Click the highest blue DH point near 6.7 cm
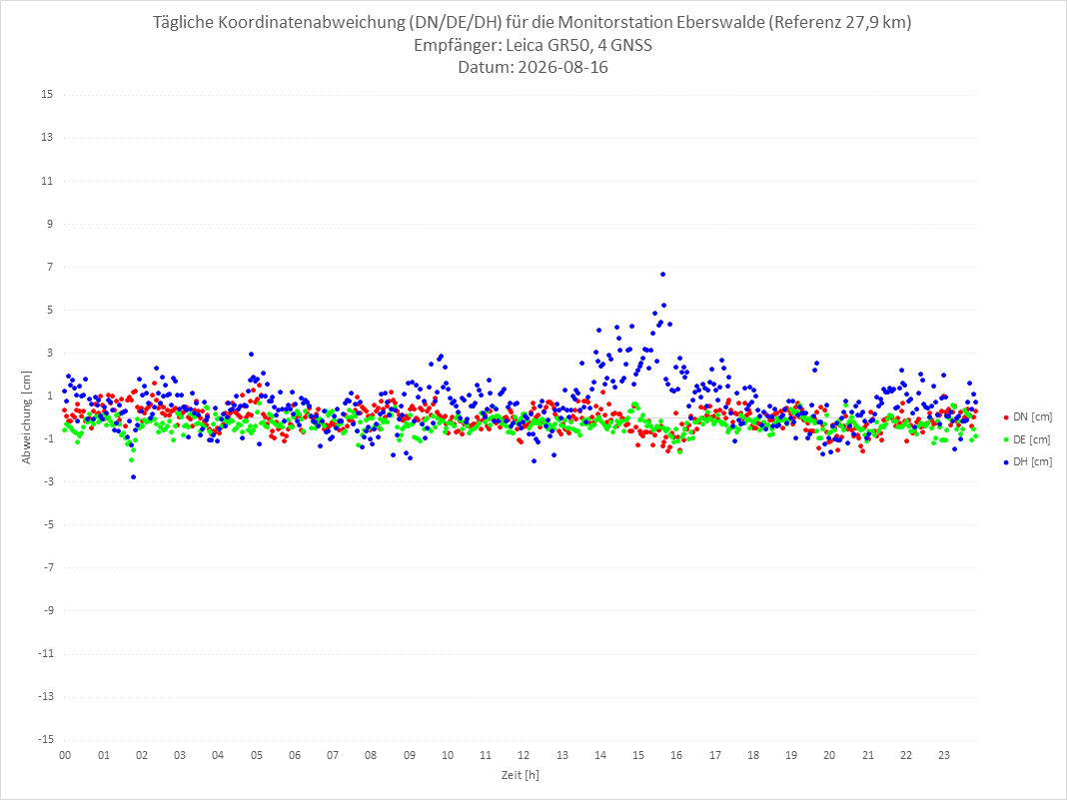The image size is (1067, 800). tap(662, 274)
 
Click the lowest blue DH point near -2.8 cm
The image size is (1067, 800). tap(134, 476)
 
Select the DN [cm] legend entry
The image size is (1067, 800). tap(1027, 417)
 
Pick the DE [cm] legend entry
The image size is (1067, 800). tap(1027, 439)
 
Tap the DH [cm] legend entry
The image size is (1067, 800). tap(1027, 461)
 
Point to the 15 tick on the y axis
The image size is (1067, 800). tap(47, 95)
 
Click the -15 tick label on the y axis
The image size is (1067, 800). tap(45, 739)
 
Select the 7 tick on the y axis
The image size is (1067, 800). tap(50, 267)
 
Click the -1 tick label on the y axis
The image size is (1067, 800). tap(48, 438)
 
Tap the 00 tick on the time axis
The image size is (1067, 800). tap(65, 755)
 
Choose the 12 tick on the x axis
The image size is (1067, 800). tap(524, 755)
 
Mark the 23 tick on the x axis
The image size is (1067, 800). tap(944, 755)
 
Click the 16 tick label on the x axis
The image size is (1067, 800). tap(676, 755)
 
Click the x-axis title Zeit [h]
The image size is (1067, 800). tap(521, 775)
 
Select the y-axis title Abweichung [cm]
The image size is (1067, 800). tap(27, 417)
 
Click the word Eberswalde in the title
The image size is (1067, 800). tap(720, 22)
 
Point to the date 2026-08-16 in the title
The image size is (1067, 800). tap(562, 67)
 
